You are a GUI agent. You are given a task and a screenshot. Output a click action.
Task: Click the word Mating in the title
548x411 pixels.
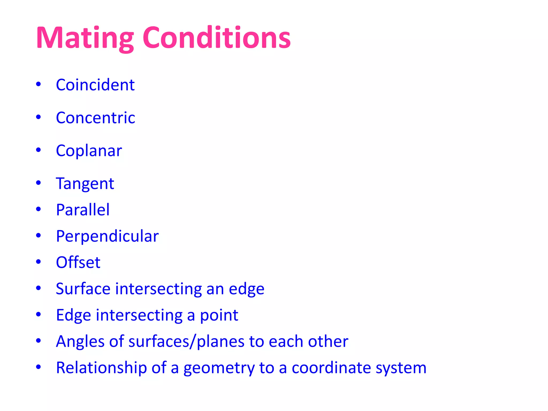pyautogui.click(x=85, y=38)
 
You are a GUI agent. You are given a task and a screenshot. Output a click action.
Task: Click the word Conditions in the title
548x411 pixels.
pyautogui.click(x=216, y=38)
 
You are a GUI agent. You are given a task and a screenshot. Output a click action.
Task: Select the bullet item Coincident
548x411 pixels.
pyautogui.click(x=95, y=85)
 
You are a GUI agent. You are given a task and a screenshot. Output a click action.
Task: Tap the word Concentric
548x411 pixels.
pyautogui.click(x=96, y=118)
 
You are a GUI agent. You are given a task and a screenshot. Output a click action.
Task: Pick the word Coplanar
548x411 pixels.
pyautogui.click(x=89, y=151)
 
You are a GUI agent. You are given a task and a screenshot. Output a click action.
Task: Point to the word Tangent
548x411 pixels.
pyautogui.click(x=85, y=184)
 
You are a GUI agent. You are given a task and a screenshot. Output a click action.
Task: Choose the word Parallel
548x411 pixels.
pyautogui.click(x=83, y=210)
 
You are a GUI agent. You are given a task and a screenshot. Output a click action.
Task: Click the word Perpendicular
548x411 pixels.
pyautogui.click(x=107, y=236)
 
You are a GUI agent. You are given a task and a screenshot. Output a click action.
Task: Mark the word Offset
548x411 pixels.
pyautogui.click(x=78, y=262)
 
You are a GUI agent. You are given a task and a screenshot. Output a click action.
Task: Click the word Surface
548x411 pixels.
pyautogui.click(x=83, y=289)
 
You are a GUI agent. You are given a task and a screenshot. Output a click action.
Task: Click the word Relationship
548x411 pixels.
pyautogui.click(x=101, y=368)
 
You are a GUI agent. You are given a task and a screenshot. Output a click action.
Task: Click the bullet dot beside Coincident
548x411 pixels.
pyautogui.click(x=39, y=84)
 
